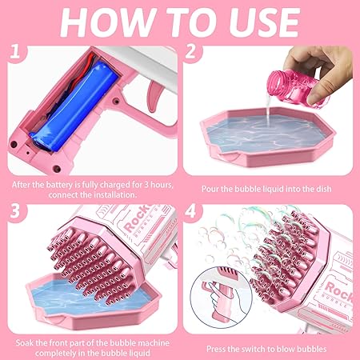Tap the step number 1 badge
point(15,51)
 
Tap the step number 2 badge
point(190,51)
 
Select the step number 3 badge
point(15,210)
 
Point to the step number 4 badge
point(190,210)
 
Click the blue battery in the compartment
point(74,106)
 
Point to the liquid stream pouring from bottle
point(267,112)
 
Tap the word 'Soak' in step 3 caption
point(25,343)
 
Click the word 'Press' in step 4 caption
point(215,349)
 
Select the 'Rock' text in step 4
point(338,290)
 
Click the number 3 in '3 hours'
point(146,185)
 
